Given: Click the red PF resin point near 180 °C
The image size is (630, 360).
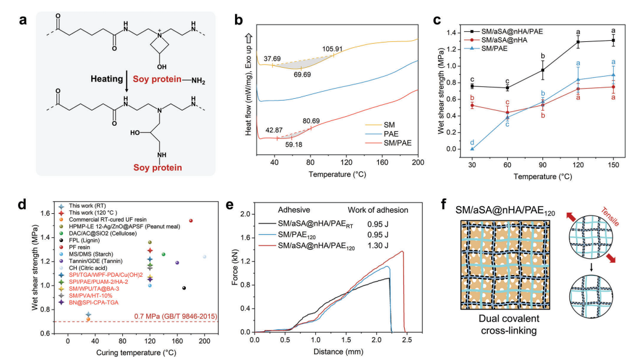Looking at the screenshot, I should pyautogui.click(x=191, y=220).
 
